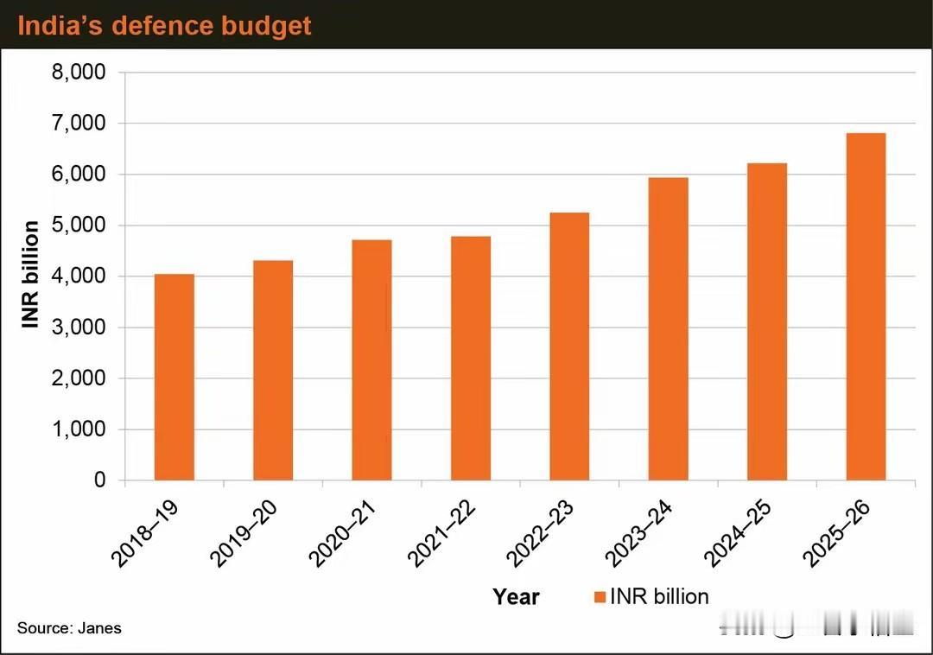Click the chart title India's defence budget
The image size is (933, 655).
[164, 25]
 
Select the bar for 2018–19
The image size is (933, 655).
[174, 377]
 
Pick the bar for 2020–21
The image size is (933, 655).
[371, 359]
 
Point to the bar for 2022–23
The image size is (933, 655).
[569, 346]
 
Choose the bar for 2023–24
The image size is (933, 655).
[669, 328]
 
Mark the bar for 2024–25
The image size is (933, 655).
[767, 321]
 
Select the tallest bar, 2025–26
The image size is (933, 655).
[866, 306]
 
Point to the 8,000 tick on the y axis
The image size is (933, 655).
[79, 73]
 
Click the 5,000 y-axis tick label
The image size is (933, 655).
[79, 226]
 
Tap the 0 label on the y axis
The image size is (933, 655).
[99, 480]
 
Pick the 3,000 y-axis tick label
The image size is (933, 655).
[79, 327]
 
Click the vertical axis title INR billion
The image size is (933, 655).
[31, 275]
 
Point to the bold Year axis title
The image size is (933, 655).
[516, 596]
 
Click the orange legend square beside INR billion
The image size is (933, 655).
[600, 596]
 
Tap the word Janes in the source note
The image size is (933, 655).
[101, 628]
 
